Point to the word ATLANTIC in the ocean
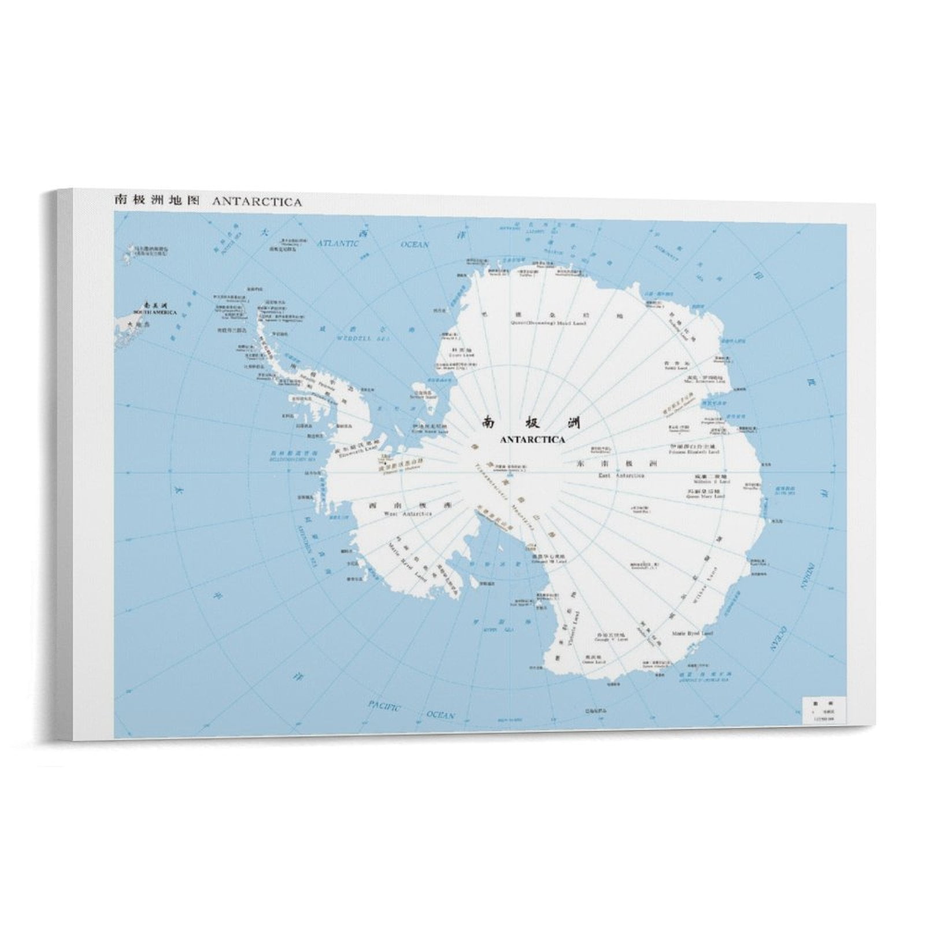pyautogui.click(x=339, y=243)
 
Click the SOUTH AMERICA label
pyautogui.click(x=155, y=312)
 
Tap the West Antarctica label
pyautogui.click(x=399, y=513)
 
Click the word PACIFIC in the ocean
pyautogui.click(x=384, y=705)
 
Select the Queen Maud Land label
pyautogui.click(x=531, y=323)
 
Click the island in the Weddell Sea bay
pyautogui.click(x=424, y=391)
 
